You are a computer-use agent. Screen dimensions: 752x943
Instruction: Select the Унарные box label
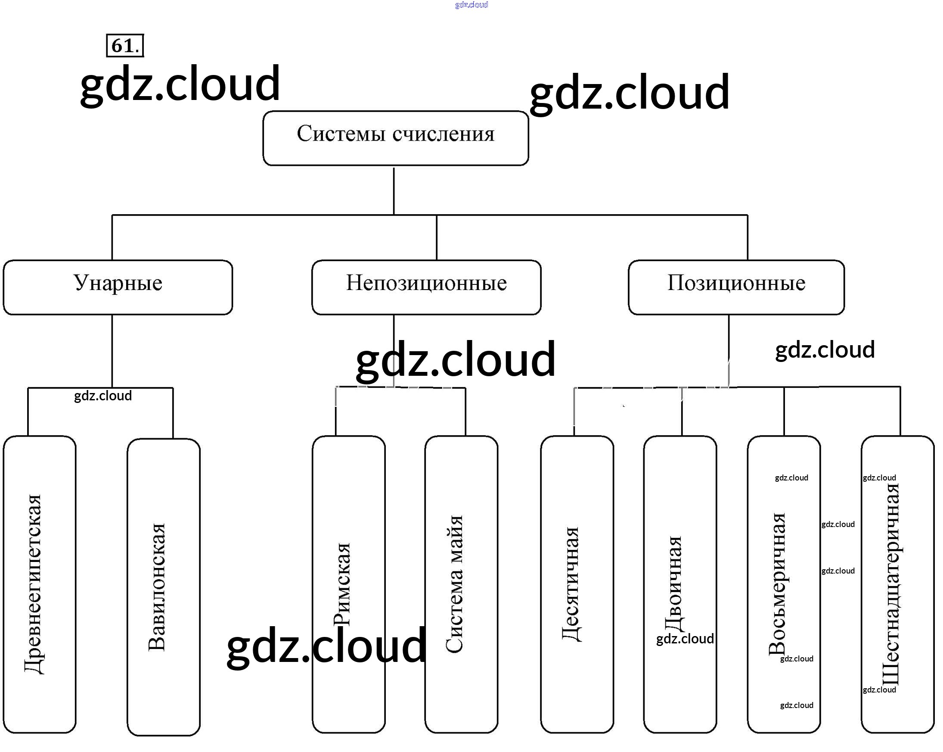coord(118,283)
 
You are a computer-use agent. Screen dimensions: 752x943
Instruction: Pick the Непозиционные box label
coord(426,283)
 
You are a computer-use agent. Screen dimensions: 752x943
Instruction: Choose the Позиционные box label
coord(736,283)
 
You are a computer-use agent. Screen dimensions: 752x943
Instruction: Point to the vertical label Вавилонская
coord(157,587)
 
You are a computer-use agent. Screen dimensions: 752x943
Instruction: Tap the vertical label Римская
coord(342,584)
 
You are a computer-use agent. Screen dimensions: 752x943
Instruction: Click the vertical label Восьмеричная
coord(777,584)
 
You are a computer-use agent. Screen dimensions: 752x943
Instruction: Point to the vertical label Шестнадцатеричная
coord(890,584)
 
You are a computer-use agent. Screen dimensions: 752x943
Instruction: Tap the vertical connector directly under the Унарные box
coord(112,350)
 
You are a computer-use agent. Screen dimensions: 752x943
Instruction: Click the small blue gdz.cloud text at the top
coord(471,5)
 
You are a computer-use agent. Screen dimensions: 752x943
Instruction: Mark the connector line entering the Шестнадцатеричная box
coord(900,412)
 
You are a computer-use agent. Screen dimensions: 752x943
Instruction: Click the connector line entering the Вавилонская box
coord(173,413)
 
